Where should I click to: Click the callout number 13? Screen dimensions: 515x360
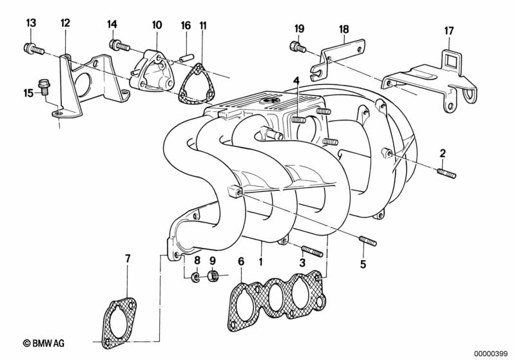[31, 23]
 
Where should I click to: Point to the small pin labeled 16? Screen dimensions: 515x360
[185, 57]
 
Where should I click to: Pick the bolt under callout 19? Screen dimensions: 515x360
[298, 46]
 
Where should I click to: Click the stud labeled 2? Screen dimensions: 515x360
[447, 173]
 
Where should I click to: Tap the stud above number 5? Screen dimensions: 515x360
[368, 241]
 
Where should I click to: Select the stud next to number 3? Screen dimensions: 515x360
[312, 251]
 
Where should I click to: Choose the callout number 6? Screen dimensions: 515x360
[242, 261]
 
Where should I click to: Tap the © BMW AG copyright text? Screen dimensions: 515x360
[44, 343]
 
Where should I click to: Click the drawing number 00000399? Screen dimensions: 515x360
[491, 353]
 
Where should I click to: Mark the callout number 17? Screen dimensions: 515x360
[449, 31]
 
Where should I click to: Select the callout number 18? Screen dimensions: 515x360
[344, 29]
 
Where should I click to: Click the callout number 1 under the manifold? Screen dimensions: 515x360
[261, 261]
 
